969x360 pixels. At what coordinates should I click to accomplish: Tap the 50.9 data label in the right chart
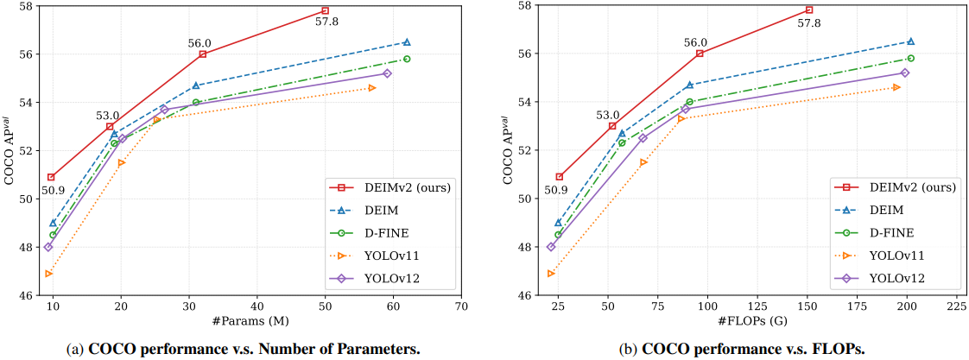coord(560,190)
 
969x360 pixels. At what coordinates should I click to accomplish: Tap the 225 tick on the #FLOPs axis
coord(956,306)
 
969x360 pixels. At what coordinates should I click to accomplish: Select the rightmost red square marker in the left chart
coord(325,10)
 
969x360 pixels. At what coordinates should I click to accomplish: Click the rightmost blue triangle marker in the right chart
coord(910,41)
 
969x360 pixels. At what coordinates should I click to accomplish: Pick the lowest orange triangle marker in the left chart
coord(48,274)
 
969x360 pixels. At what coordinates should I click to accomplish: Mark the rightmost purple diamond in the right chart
coord(905,73)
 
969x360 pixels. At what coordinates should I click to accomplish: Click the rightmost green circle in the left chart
coord(407,59)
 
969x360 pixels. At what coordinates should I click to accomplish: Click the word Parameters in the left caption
coord(377,349)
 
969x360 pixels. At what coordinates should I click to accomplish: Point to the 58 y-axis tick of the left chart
coord(24,6)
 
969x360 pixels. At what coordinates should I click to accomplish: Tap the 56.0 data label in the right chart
coord(695,42)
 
